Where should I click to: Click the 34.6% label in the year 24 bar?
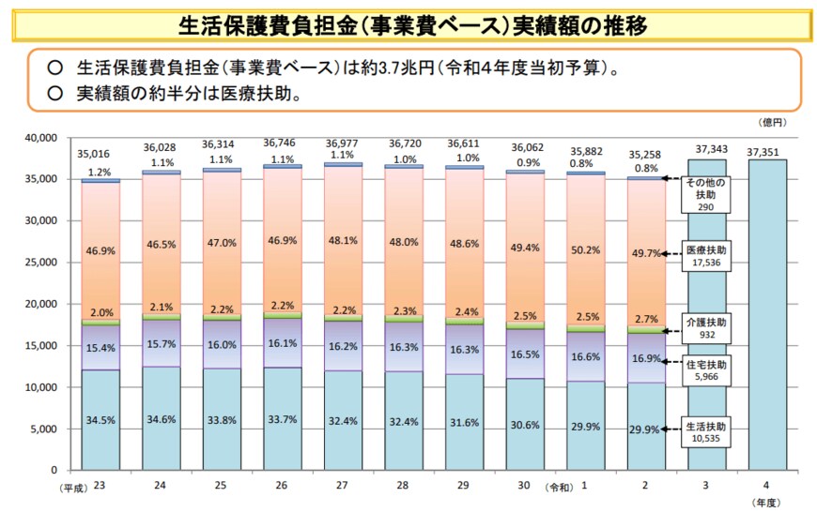pos(161,419)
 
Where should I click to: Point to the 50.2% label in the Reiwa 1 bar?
pos(586,250)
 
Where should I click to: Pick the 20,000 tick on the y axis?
pos(45,304)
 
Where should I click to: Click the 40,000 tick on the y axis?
pos(45,138)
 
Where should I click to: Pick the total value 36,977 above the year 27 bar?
pos(342,143)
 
